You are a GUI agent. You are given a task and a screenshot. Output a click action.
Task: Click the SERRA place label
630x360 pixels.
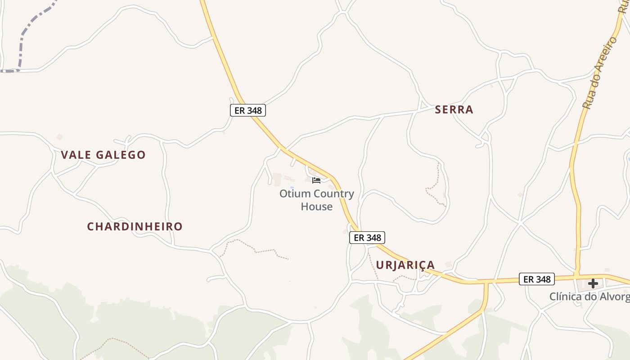[454, 109]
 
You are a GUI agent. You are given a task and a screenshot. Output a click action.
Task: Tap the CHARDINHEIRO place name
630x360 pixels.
[135, 226]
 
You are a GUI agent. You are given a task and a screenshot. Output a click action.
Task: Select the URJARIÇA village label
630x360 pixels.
[405, 265]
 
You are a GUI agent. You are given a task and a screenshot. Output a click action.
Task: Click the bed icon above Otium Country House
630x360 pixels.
[316, 180]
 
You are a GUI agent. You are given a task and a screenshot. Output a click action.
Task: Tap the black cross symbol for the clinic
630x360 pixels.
[593, 283]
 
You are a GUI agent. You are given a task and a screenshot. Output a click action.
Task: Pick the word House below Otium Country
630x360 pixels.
[317, 207]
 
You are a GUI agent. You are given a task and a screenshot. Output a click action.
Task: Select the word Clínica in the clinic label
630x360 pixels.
[568, 297]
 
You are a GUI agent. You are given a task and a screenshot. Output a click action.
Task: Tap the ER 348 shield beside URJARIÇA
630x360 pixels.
[367, 238]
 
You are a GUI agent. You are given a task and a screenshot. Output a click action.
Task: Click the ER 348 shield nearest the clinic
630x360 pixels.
[537, 279]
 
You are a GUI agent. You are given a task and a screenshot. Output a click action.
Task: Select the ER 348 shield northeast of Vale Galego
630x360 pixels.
[248, 110]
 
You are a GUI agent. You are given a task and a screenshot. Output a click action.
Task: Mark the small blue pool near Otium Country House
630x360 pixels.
[292, 187]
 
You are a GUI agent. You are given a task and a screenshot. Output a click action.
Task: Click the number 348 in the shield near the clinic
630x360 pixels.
[543, 279]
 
